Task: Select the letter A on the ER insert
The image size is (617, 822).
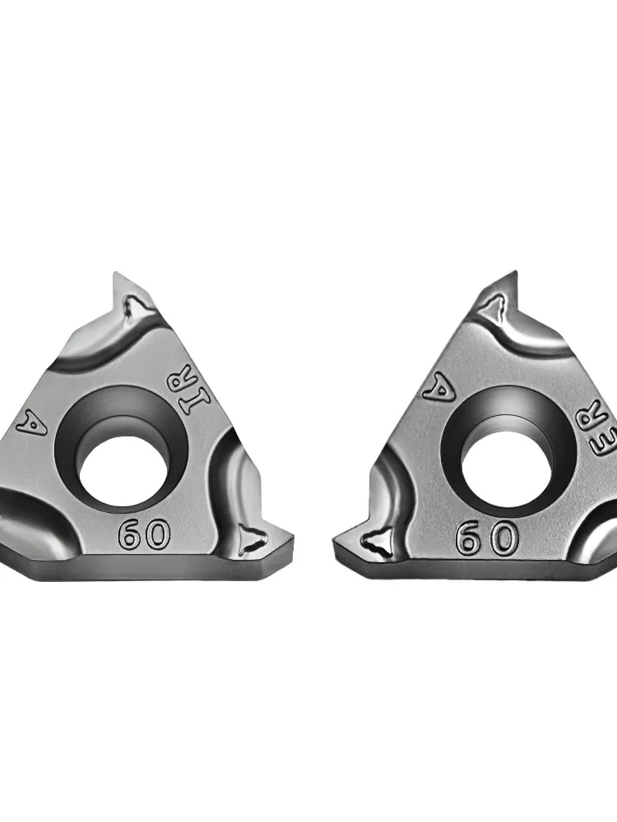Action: (x=438, y=389)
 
